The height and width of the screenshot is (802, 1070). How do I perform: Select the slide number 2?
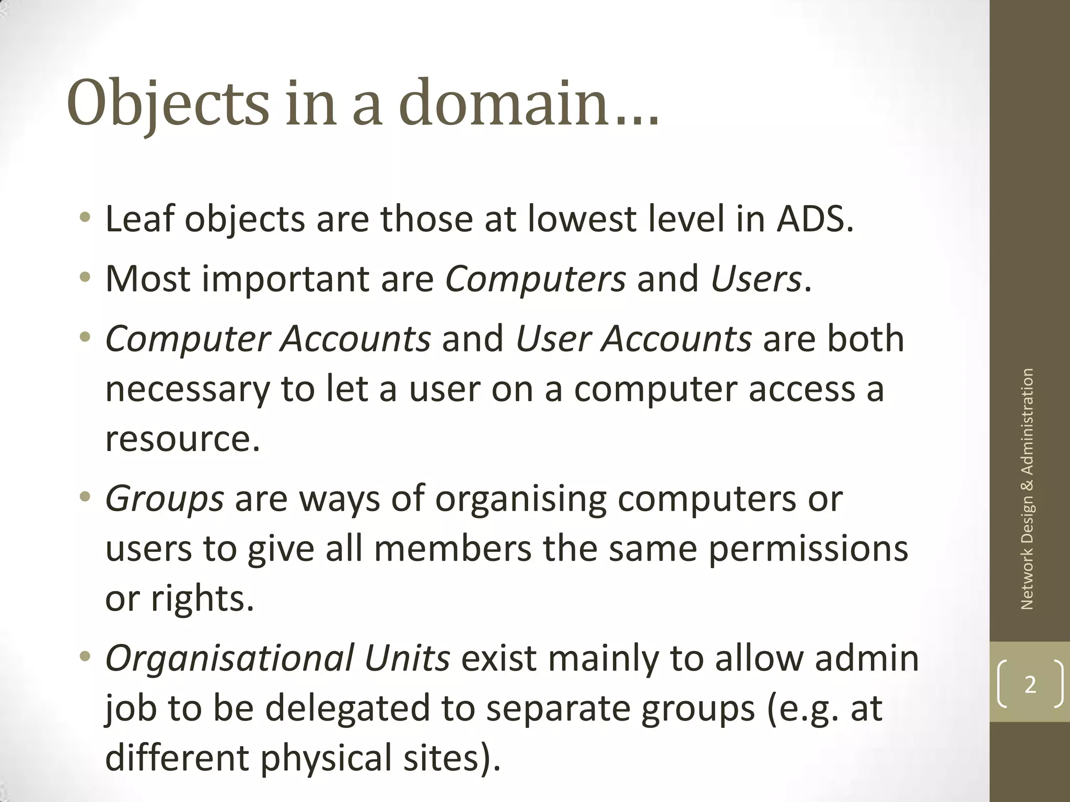(x=1030, y=685)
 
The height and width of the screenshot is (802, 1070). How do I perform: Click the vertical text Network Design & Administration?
(x=1027, y=489)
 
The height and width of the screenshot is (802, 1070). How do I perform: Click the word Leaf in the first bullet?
(x=139, y=219)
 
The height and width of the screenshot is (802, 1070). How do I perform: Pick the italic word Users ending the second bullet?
(x=755, y=279)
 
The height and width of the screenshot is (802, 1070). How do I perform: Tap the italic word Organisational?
(x=230, y=658)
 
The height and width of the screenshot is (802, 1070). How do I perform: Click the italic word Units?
(x=407, y=658)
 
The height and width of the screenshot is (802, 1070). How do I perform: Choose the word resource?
(x=182, y=439)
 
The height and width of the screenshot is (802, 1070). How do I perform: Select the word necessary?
(x=188, y=389)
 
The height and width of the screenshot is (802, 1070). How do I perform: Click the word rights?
(x=202, y=599)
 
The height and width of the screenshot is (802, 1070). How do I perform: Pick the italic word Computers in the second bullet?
(x=535, y=279)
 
